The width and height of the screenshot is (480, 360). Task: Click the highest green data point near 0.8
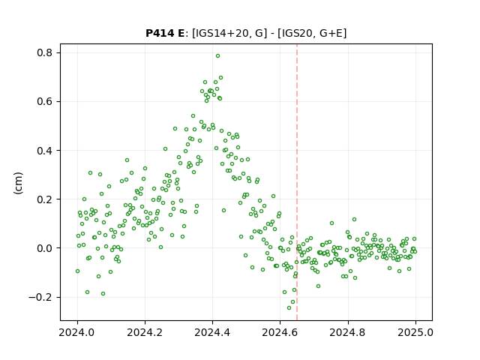point(217,56)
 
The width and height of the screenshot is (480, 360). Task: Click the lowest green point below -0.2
point(289,308)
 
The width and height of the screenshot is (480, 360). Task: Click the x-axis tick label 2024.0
point(77,332)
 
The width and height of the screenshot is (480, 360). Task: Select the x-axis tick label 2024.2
point(145,332)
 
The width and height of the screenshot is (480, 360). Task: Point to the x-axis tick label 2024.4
point(212,332)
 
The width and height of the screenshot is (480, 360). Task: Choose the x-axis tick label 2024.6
point(280,332)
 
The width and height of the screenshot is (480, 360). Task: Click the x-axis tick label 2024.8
point(348,332)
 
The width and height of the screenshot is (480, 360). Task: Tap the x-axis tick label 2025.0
point(415,332)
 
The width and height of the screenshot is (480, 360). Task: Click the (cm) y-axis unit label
point(18,183)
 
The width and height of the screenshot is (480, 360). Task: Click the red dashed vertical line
point(297,182)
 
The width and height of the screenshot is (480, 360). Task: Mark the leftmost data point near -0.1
point(77,271)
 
